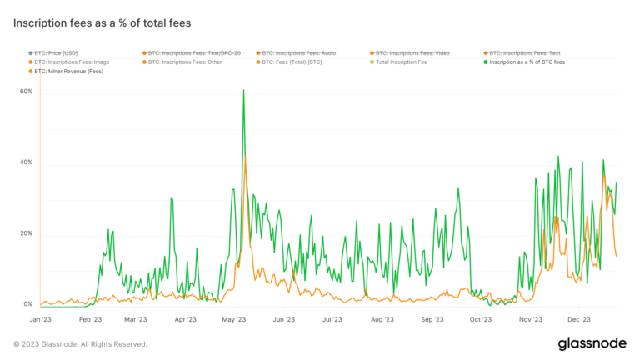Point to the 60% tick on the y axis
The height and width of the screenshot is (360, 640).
pos(26,92)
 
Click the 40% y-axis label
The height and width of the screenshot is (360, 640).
pos(26,163)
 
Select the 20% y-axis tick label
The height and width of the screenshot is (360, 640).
pos(26,234)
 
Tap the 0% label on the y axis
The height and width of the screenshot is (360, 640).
pos(27,305)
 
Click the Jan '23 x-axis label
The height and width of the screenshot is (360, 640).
pos(41,319)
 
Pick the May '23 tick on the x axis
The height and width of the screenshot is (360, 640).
pos(236,319)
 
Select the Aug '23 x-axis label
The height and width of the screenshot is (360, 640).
pos(382,319)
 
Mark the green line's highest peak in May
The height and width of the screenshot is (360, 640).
pos(243,90)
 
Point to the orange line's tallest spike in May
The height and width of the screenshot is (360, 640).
pos(245,156)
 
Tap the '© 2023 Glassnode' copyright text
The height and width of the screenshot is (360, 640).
pos(80,343)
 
